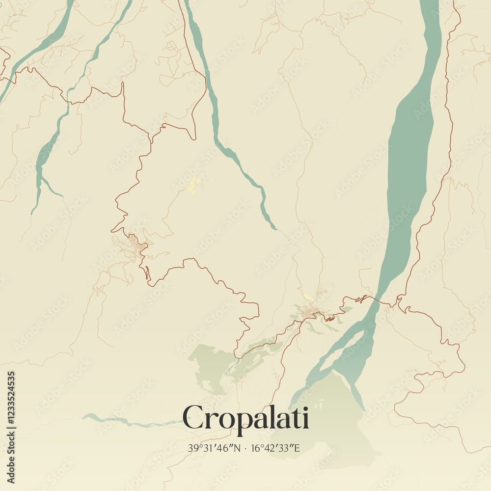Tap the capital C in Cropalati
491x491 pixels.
point(193,417)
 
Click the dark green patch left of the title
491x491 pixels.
point(209,366)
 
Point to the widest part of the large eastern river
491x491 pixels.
point(410,147)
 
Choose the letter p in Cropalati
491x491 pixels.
point(243,421)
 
